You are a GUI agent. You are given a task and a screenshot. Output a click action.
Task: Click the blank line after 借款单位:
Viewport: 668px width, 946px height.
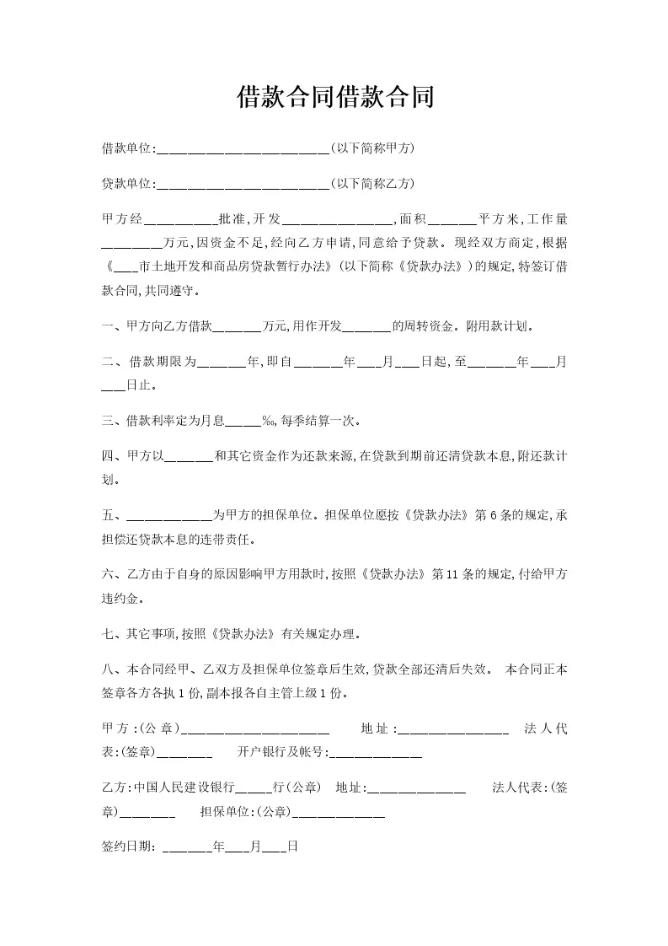pyautogui.click(x=243, y=150)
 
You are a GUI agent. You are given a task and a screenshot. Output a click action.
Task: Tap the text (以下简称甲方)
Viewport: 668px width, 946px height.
pyautogui.click(x=371, y=148)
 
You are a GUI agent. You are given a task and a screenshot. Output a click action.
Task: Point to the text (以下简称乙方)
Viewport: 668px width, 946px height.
pyautogui.click(x=371, y=184)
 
